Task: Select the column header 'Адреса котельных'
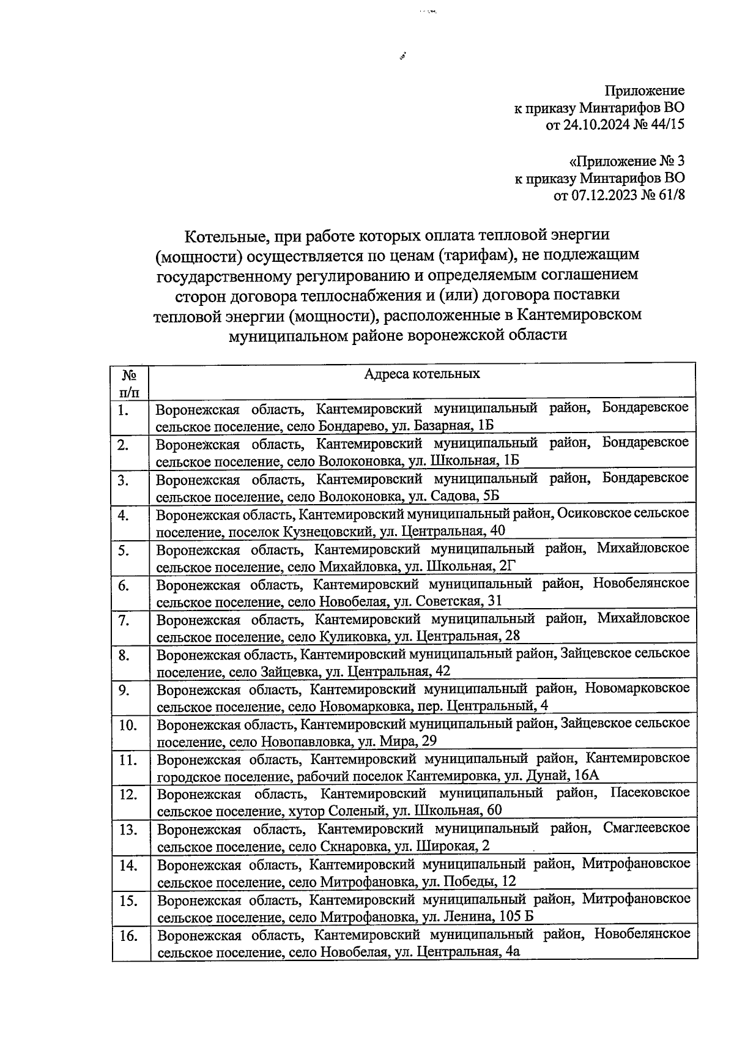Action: (x=422, y=374)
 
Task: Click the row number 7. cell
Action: (x=124, y=620)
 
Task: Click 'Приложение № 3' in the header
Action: (x=626, y=162)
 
